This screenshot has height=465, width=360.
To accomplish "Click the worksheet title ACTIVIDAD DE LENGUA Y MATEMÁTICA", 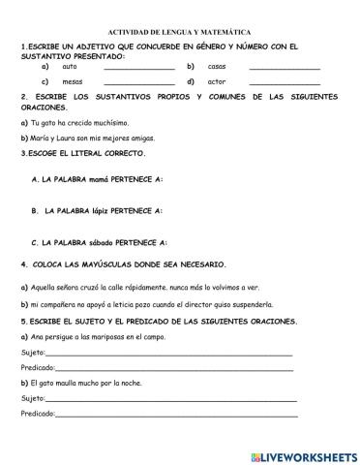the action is (x=180, y=32).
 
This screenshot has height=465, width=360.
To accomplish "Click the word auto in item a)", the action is (x=69, y=66).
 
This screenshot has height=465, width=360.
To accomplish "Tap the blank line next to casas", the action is (x=285, y=68).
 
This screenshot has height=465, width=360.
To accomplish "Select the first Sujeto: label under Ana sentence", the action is (x=32, y=354).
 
